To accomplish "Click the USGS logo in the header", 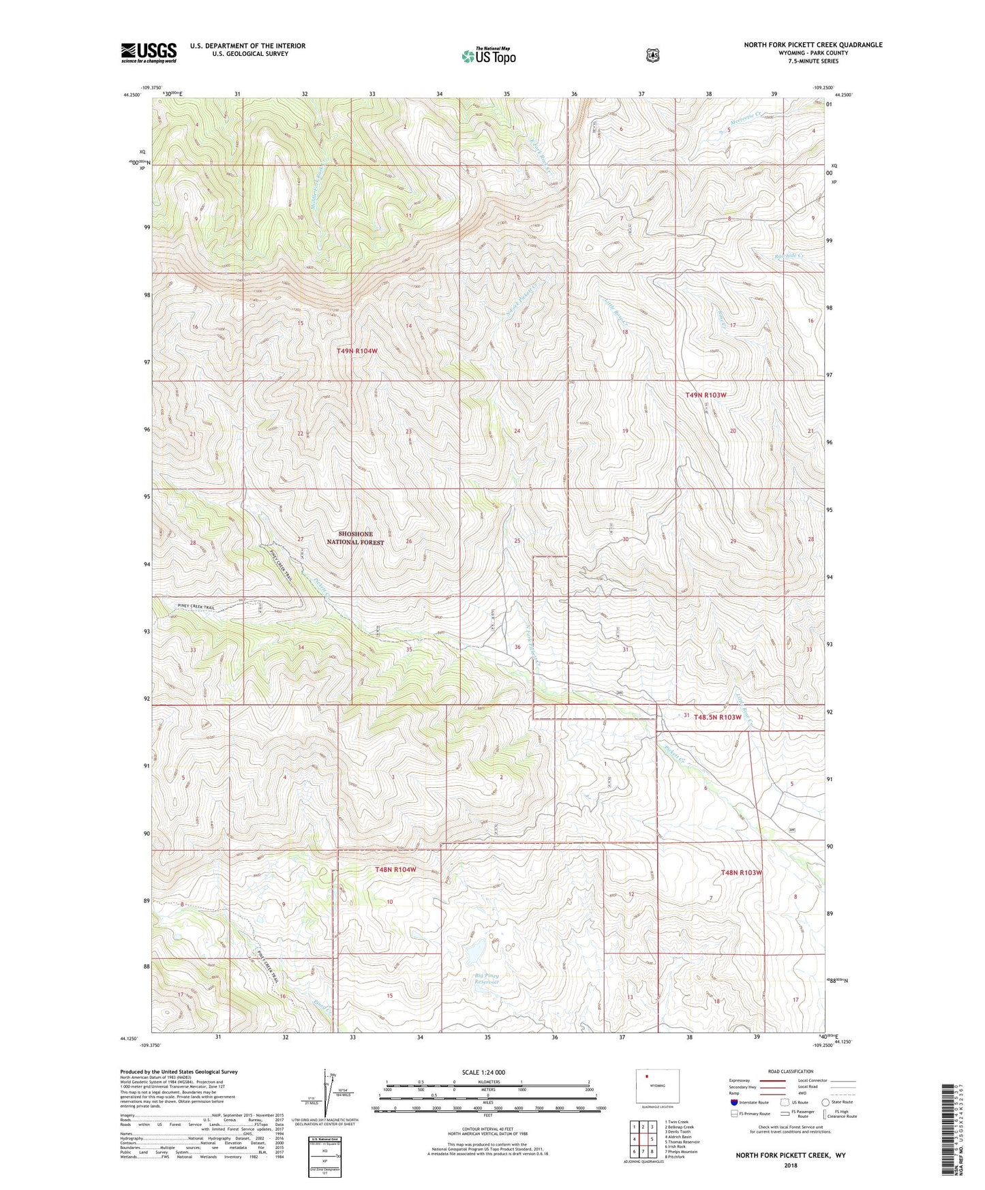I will (x=149, y=52).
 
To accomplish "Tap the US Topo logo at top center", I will (x=488, y=56).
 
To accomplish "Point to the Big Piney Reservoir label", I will (x=487, y=979).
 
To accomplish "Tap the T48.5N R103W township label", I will (x=717, y=717).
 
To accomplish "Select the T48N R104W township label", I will (x=395, y=870).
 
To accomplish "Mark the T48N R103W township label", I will (x=741, y=872).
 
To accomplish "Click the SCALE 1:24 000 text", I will (x=483, y=1072).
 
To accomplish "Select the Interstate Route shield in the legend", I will (x=733, y=1102).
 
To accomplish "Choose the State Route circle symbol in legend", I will (x=825, y=1102).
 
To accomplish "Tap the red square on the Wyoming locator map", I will (x=647, y=1078).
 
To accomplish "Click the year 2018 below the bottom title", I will (x=790, y=1165).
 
